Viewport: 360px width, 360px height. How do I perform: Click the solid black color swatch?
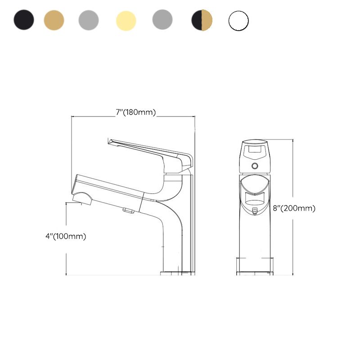pyautogui.click(x=24, y=20)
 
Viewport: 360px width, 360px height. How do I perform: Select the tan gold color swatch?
pyautogui.click(x=54, y=20)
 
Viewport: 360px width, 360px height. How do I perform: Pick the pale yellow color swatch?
pyautogui.click(x=126, y=20)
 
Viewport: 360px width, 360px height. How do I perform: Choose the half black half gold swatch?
pyautogui.click(x=202, y=20)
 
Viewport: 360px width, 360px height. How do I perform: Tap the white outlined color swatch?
pyautogui.click(x=238, y=21)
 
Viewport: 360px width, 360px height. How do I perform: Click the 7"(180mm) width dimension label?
pyautogui.click(x=135, y=112)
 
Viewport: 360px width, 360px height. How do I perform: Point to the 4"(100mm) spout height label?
pyautogui.click(x=66, y=236)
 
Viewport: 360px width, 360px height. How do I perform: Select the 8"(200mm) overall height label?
pyautogui.click(x=294, y=208)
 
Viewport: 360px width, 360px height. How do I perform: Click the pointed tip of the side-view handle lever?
pyautogui.click(x=109, y=141)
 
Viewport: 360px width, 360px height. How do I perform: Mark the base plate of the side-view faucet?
pyautogui.click(x=177, y=273)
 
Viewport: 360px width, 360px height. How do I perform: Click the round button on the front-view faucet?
pyautogui.click(x=255, y=166)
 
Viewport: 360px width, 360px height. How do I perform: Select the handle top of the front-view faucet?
pyautogui.click(x=255, y=150)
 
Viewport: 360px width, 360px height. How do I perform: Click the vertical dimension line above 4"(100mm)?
pyautogui.click(x=67, y=216)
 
